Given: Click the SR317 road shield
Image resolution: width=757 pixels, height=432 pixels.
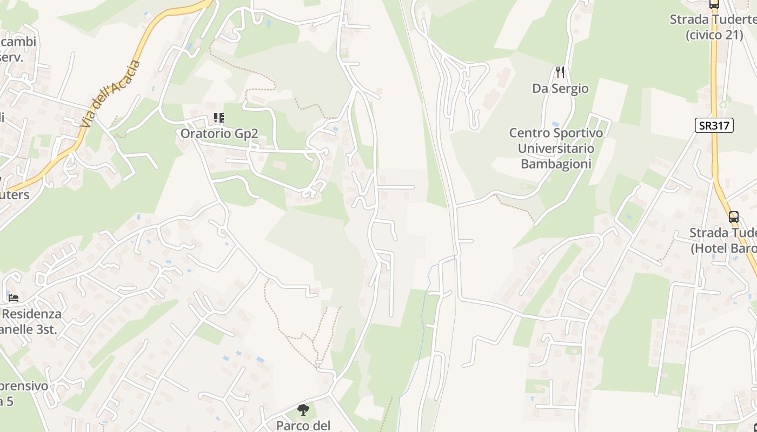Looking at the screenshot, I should (714, 126).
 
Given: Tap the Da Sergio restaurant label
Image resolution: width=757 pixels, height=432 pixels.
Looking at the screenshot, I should (560, 89).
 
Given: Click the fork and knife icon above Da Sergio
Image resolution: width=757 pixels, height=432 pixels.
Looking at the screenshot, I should (560, 72).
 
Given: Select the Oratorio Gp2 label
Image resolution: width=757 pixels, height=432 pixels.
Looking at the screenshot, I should (219, 133).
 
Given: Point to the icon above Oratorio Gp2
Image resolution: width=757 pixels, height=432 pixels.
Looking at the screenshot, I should (218, 117).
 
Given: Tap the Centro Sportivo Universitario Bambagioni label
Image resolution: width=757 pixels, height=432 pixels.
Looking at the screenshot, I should (556, 148).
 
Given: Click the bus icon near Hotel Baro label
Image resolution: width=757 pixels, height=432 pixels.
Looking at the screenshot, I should (733, 217).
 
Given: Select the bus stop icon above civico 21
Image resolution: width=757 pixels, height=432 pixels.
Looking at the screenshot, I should (714, 4).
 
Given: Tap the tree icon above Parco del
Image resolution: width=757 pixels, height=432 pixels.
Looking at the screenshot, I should (303, 410).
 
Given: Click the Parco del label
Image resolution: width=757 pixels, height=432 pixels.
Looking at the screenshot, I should (303, 426).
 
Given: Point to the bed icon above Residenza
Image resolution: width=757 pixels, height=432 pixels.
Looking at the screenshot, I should (14, 298).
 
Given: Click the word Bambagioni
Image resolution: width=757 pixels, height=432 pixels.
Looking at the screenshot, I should (556, 164).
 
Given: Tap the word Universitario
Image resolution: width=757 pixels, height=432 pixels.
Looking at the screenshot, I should (556, 148).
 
